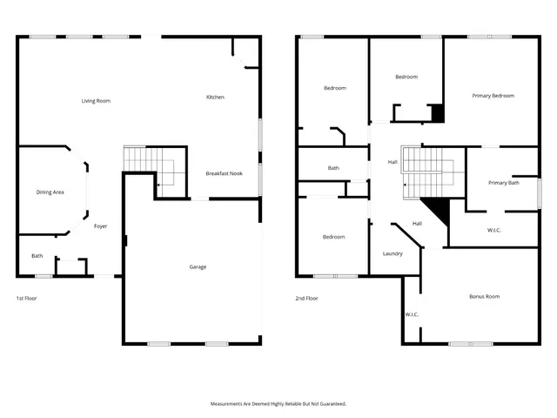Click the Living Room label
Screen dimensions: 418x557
[x=96, y=101]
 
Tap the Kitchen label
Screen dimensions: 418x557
[x=215, y=97]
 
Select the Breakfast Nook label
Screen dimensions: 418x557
[x=224, y=173]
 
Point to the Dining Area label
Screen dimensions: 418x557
[x=50, y=192]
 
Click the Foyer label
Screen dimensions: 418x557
[x=101, y=226]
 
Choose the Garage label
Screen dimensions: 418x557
[x=198, y=266]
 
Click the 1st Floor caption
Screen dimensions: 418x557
[x=26, y=298]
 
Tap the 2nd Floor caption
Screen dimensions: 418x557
[x=306, y=298]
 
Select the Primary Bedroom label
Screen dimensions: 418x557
[x=493, y=96]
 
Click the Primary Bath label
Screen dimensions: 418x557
[x=503, y=183]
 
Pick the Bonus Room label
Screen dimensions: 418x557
[x=484, y=297]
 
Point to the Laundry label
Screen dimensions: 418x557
[x=393, y=253]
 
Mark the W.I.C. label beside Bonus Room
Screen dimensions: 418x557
[x=412, y=313]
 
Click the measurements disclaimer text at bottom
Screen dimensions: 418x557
[x=278, y=404]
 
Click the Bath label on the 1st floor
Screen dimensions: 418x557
[x=37, y=256]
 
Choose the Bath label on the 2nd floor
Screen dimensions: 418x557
[x=333, y=168]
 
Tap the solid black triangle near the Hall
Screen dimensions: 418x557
[x=438, y=209]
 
